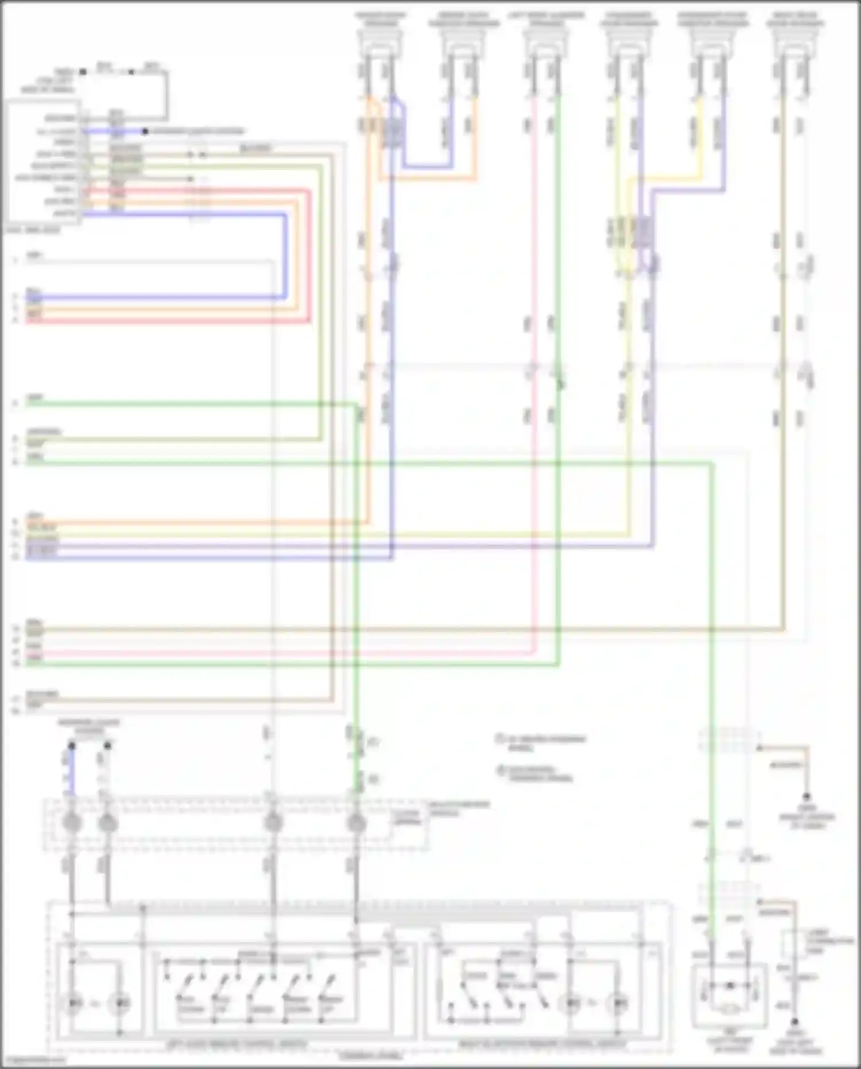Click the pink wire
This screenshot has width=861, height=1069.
tap(534, 460)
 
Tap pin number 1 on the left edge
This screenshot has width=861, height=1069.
tap(16, 260)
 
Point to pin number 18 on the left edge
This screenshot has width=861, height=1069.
tap(16, 711)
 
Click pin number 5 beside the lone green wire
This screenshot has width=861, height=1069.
tap(16, 404)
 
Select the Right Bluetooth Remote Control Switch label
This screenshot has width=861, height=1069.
tap(542, 1044)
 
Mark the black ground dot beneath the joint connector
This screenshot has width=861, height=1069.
tap(795, 1022)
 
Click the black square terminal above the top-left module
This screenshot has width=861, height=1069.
tap(83, 72)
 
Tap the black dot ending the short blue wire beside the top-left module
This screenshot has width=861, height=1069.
tap(145, 132)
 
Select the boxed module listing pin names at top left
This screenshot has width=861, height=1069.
tap(43, 164)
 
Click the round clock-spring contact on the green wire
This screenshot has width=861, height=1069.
tap(356, 823)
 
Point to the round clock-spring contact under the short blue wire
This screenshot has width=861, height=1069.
tap(72, 823)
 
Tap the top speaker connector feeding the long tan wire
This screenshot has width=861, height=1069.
tap(794, 43)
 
